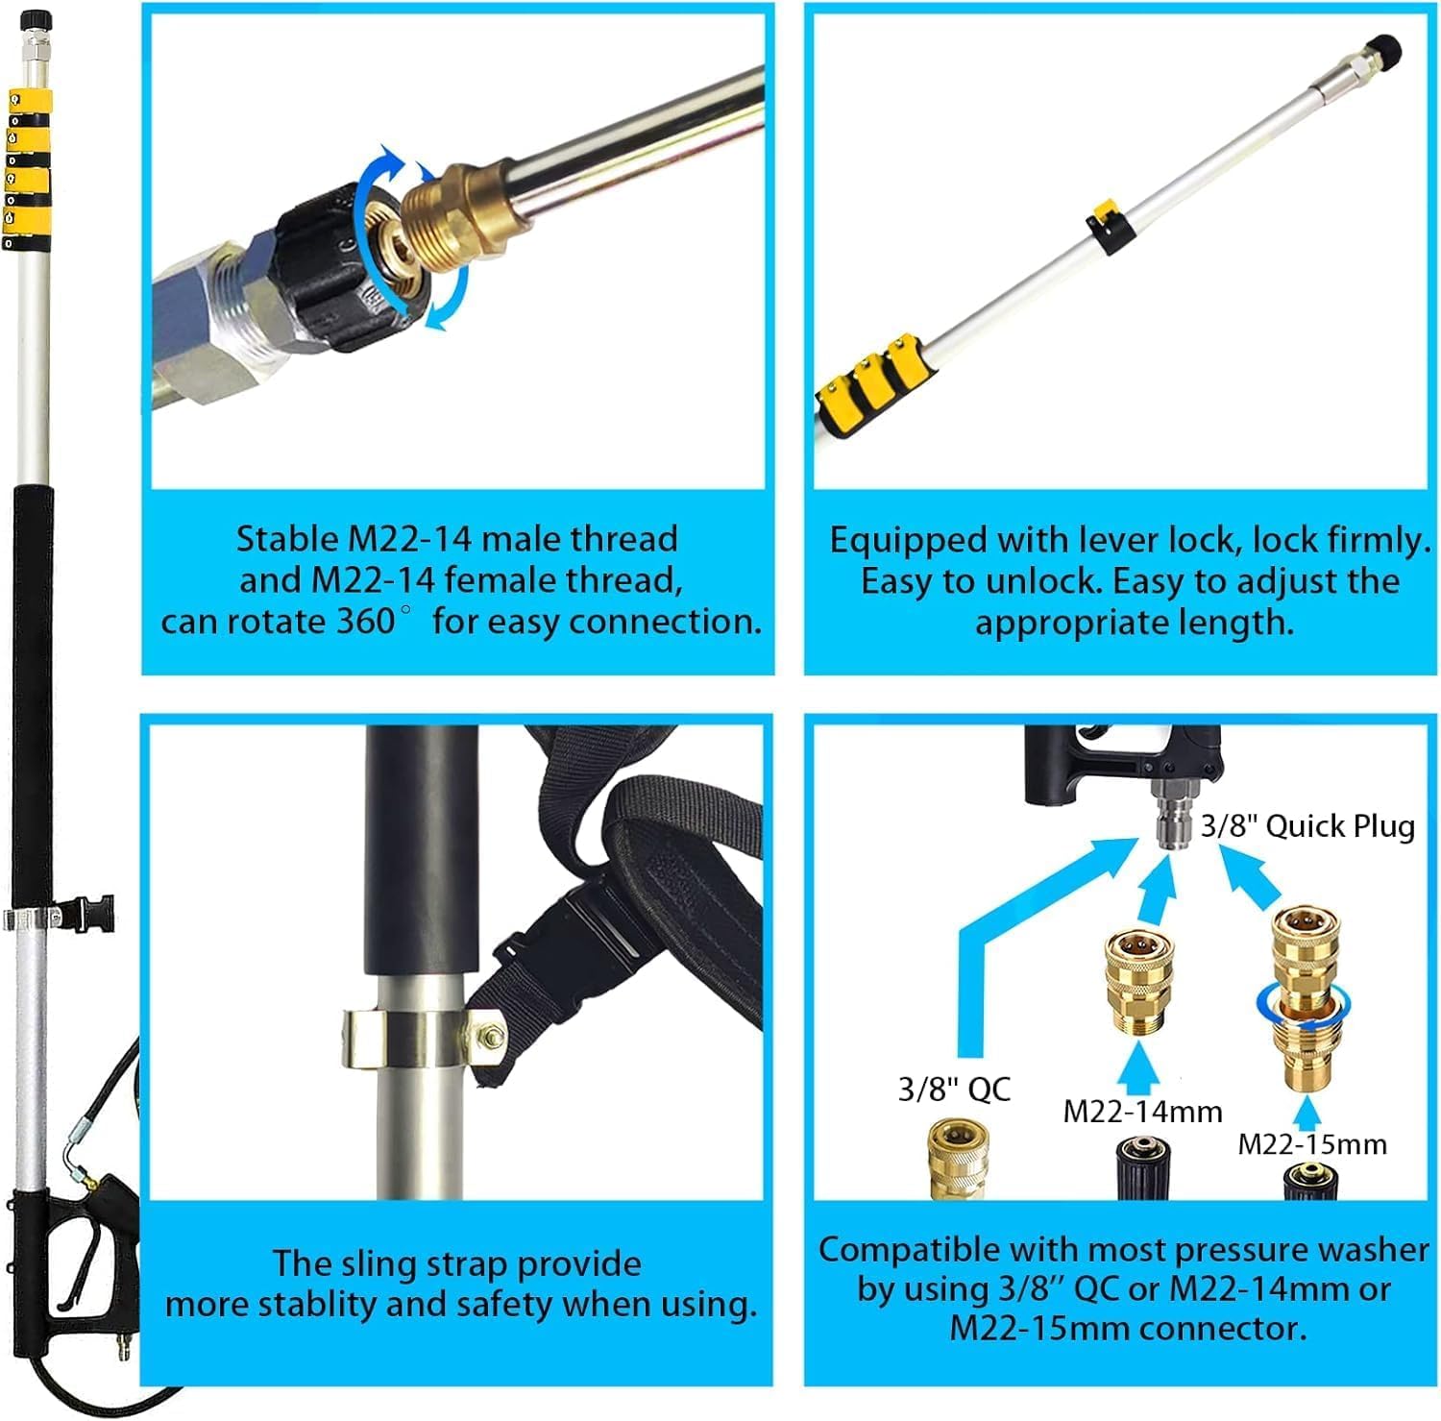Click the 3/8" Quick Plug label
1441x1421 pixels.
pyautogui.click(x=1307, y=826)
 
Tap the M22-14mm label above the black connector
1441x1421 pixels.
pyautogui.click(x=1142, y=1112)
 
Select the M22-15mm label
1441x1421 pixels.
pyautogui.click(x=1311, y=1143)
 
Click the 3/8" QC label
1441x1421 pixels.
pyautogui.click(x=954, y=1090)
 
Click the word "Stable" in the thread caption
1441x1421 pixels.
pyautogui.click(x=287, y=538)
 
